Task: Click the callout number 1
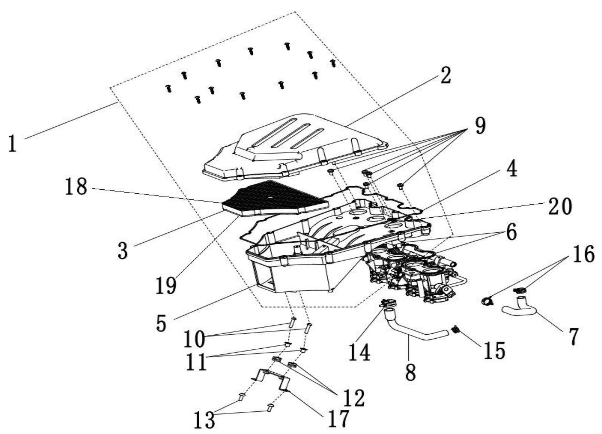(12, 143)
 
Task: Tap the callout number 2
(445, 75)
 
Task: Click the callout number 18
(76, 186)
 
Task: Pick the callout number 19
(166, 285)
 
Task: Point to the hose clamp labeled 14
(388, 303)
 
